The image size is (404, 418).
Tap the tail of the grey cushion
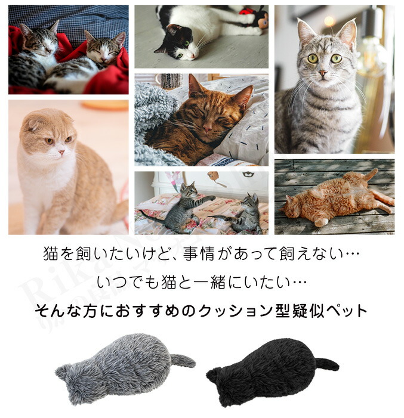click(183, 360)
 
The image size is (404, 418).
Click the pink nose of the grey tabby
click(323, 73)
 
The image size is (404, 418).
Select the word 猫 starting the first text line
click(51, 253)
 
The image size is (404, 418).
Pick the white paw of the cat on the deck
click(322, 222)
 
